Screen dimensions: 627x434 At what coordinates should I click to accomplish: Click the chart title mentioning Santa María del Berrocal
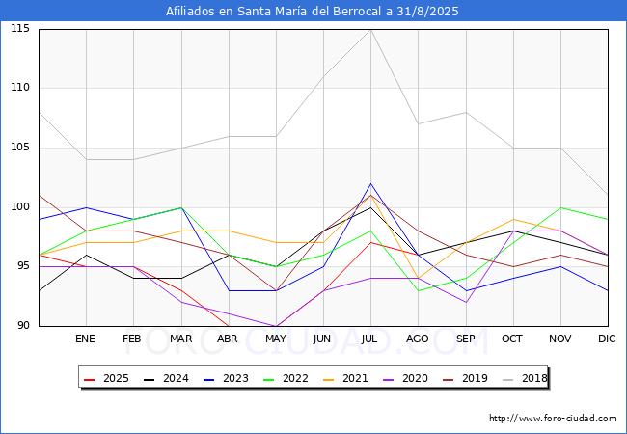312,12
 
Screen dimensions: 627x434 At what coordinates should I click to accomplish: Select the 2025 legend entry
106,378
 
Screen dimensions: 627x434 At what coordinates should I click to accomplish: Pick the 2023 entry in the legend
226,378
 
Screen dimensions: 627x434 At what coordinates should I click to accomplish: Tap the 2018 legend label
525,378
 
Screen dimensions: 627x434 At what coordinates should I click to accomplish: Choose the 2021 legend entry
345,378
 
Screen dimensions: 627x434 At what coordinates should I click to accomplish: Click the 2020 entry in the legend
405,378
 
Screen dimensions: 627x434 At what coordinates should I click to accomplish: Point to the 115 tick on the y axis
20,28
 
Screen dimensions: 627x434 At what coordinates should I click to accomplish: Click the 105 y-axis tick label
20,148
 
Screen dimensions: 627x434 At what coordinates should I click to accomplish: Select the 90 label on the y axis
23,325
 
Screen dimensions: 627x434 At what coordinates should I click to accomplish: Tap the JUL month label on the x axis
368,339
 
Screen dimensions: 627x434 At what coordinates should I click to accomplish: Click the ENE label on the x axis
85,339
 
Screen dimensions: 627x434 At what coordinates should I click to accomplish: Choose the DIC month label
607,339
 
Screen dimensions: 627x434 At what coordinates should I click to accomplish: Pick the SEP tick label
466,339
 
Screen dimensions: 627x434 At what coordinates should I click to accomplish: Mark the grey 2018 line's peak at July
371,30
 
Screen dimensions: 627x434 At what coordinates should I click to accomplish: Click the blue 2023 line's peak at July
371,184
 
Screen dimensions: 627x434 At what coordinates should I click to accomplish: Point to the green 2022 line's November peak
561,207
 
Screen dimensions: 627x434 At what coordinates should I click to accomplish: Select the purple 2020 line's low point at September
466,302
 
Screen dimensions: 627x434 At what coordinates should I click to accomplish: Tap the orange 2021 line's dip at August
419,278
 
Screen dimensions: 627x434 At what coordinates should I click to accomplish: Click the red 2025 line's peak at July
371,243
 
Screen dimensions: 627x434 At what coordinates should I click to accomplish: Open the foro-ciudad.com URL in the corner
553,419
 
